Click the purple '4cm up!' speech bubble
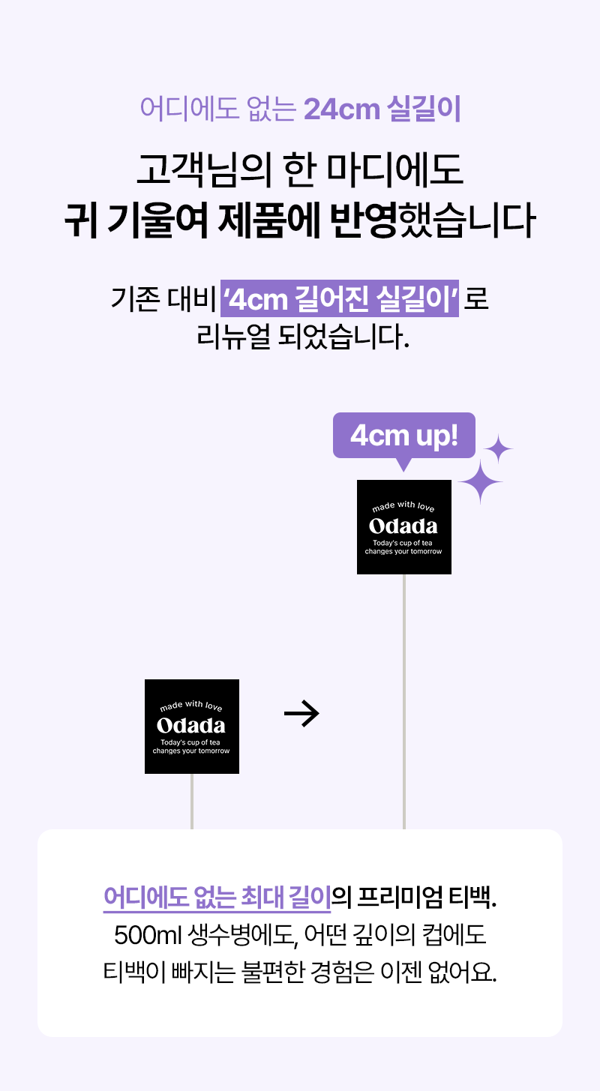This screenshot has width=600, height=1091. [403, 436]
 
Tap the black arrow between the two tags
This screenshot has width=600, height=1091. [301, 715]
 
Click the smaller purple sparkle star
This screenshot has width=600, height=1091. [498, 449]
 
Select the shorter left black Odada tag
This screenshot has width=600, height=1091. [191, 726]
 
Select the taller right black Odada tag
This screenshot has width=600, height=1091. [403, 527]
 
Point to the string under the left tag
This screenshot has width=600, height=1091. [192, 801]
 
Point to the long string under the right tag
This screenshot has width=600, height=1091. [404, 701]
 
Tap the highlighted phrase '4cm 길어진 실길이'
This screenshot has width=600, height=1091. [340, 299]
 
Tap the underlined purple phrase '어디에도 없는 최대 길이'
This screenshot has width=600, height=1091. [217, 897]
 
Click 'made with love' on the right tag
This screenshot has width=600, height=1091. [403, 508]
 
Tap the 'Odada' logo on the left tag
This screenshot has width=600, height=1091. [191, 726]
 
